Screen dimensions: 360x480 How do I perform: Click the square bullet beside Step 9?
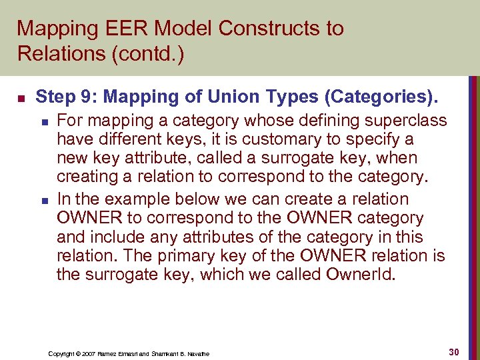coord(21,98)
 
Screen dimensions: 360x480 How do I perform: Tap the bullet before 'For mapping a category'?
coord(43,121)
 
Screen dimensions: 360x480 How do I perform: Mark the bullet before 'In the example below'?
coord(43,199)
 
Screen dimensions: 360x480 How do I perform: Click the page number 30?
coord(456,351)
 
